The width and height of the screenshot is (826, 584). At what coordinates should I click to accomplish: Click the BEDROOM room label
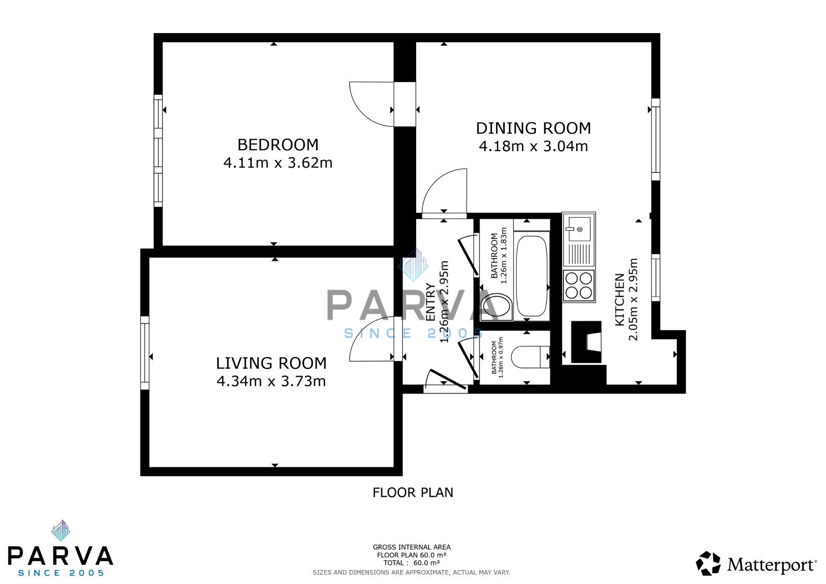pos(278,144)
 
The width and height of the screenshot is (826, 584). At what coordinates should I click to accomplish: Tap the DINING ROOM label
pos(533,128)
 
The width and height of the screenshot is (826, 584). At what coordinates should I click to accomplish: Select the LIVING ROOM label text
pos(271,363)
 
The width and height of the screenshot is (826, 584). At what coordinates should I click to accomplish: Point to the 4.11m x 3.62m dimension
pos(278,163)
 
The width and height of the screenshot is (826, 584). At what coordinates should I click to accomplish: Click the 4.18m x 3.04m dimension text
pos(533,147)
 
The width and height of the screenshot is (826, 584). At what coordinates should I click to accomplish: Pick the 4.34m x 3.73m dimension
pos(271,381)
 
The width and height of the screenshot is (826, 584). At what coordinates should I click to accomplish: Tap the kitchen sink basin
pos(579,229)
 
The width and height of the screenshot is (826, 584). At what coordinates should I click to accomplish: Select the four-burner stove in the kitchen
pos(579,286)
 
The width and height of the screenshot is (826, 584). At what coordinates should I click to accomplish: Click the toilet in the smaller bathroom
pos(530,356)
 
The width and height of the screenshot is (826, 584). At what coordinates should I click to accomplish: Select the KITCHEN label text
pos(620,300)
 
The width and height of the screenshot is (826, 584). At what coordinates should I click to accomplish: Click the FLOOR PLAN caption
pos(412,493)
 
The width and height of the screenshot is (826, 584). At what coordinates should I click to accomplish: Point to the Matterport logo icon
pos(708,563)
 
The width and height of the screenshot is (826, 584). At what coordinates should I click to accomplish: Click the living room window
pos(145,352)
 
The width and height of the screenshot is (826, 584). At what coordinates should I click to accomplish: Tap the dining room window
pos(656,139)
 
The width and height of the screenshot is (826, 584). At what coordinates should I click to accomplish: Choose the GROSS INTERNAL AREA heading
pos(411,547)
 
